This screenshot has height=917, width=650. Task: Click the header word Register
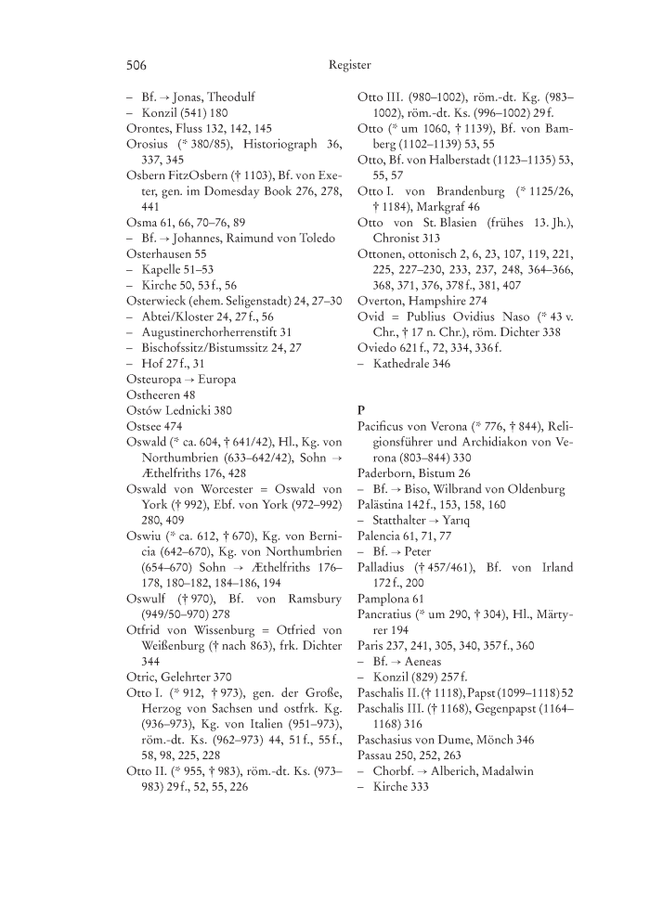(x=349, y=66)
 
